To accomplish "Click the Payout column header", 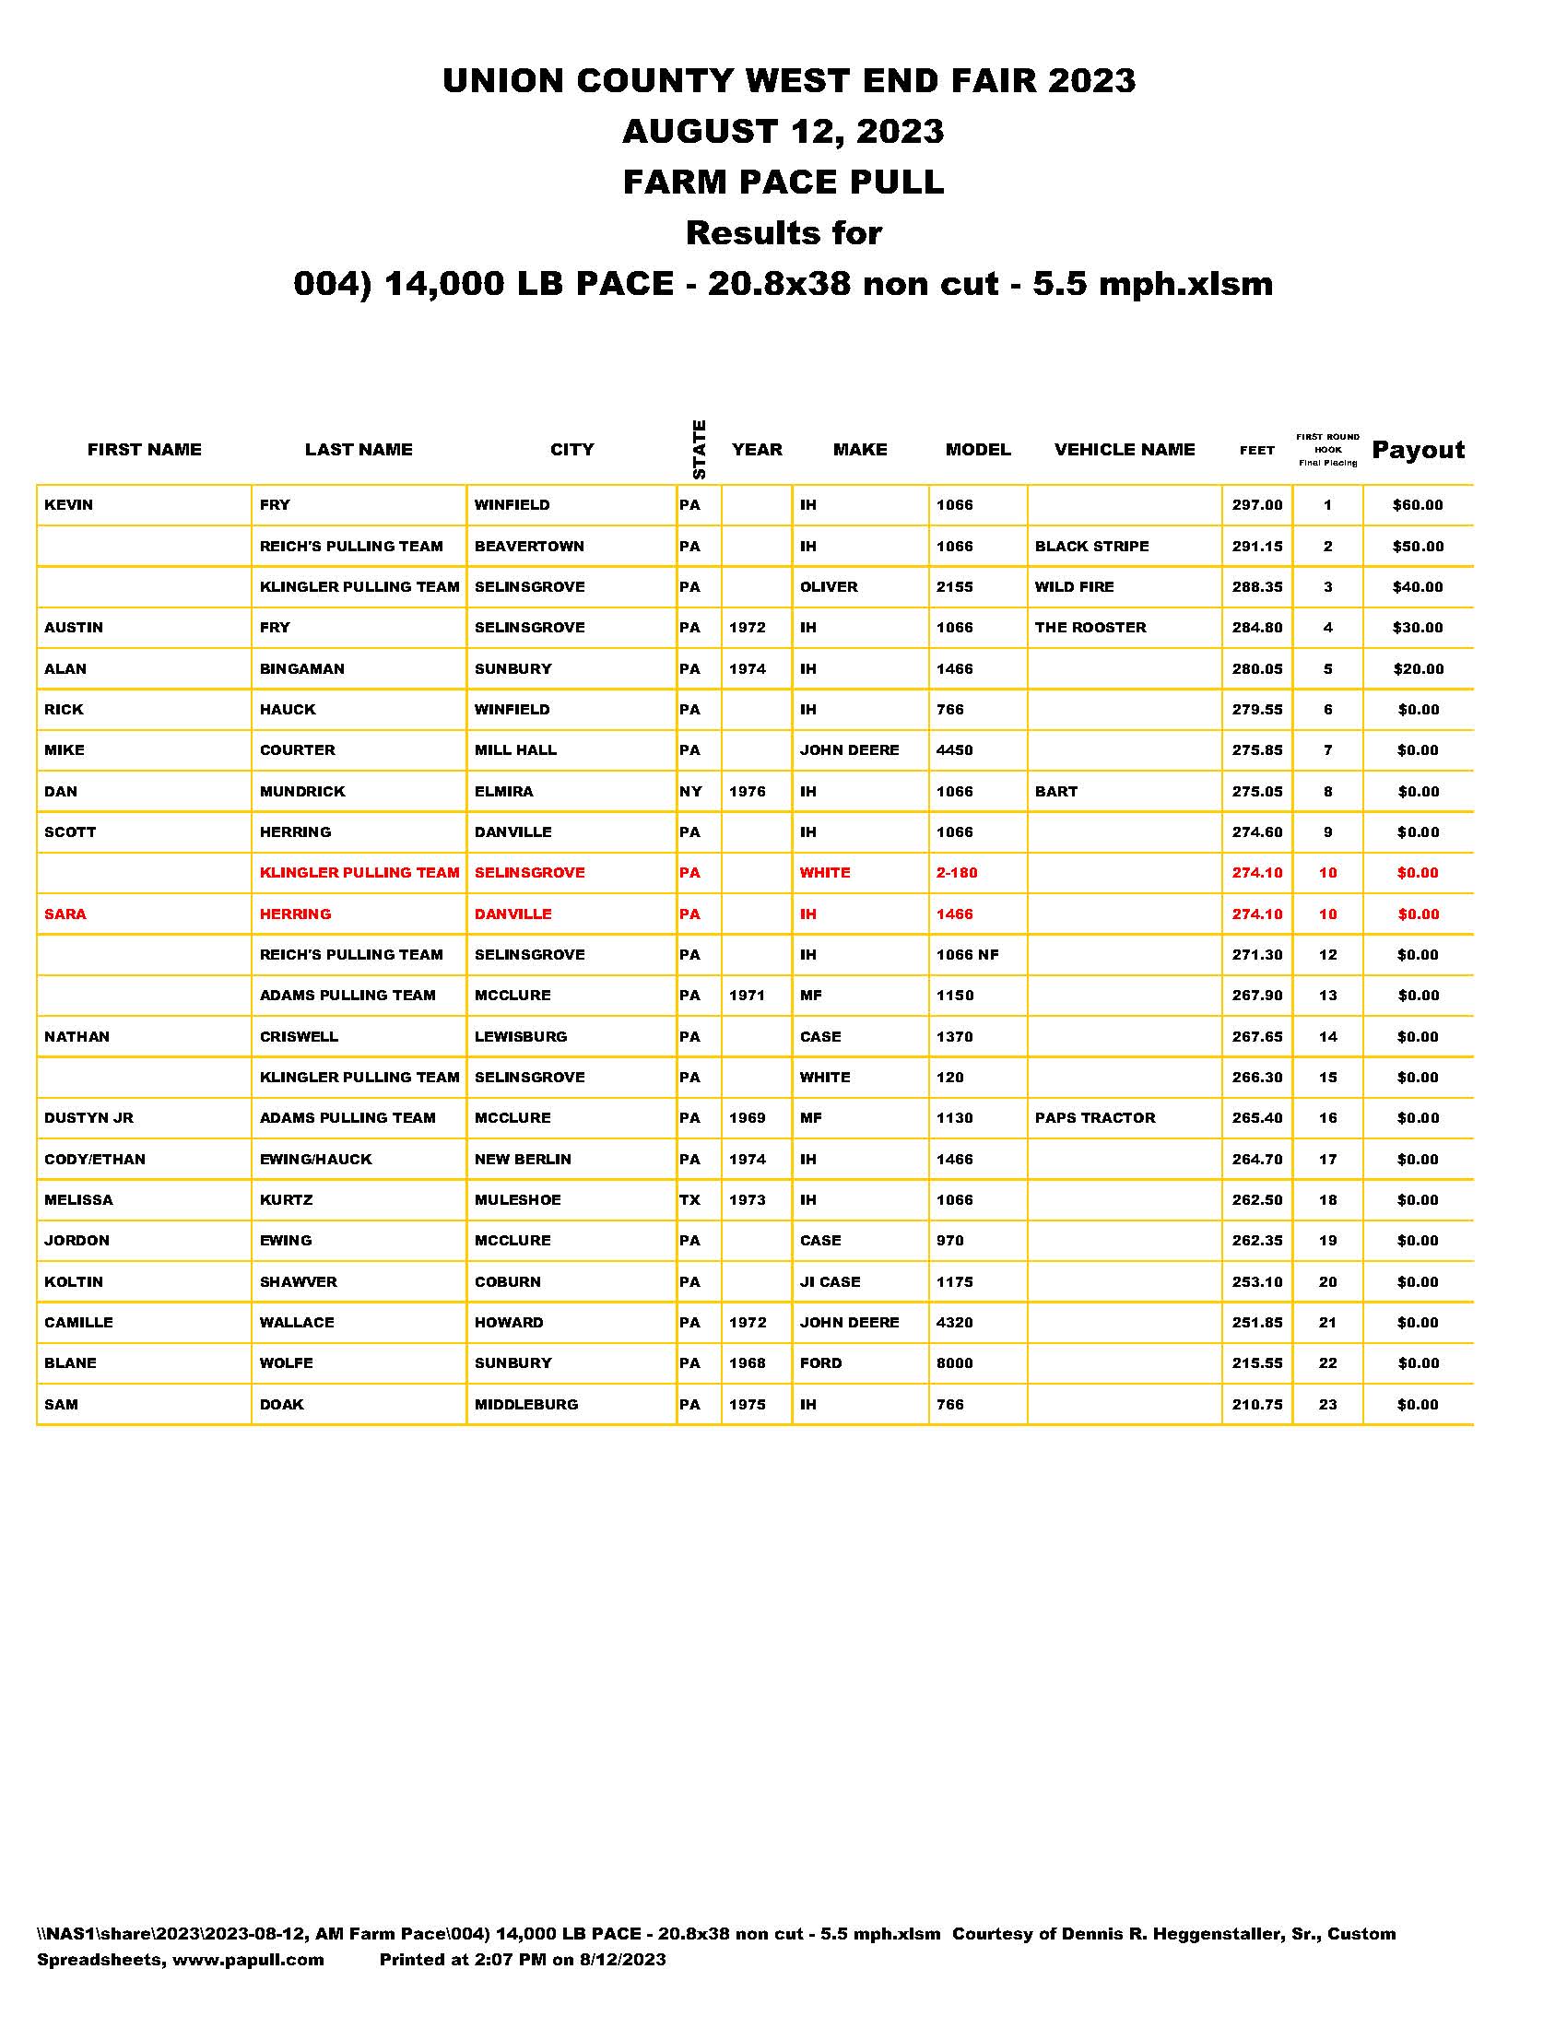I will coord(1418,451).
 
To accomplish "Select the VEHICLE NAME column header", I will coord(1125,450).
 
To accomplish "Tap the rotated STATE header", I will coord(699,450).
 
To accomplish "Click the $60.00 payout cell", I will coord(1418,505).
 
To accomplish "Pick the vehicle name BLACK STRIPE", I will coord(1091,546).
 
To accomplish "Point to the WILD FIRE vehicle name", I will coord(1074,587).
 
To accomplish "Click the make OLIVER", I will coord(829,587).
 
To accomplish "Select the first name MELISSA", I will coord(79,1199).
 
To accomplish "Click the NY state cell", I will coord(690,792).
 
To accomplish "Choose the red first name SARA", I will coord(65,914).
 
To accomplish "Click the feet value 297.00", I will coord(1257,505).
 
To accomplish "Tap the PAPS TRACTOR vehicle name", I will coord(1095,1118).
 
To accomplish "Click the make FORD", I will coord(820,1363).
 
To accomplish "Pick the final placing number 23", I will coord(1327,1404).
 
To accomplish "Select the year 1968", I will coord(748,1363).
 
